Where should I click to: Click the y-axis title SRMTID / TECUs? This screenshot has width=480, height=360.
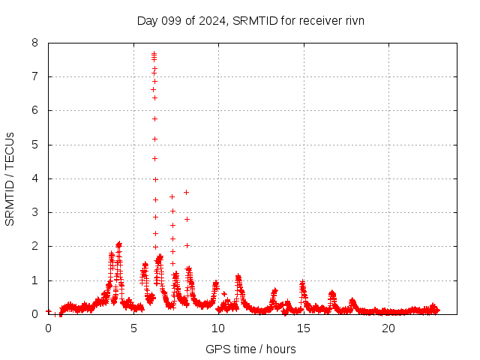10,178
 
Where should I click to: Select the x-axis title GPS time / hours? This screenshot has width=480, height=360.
250,349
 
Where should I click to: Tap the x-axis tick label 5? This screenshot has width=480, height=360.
133,328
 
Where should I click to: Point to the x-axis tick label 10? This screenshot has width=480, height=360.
218,328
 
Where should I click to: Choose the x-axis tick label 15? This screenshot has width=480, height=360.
303,328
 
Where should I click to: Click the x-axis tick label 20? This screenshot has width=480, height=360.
388,328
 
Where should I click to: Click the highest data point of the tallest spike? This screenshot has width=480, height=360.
154,53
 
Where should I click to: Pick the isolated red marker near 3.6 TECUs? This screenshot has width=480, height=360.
186,192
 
